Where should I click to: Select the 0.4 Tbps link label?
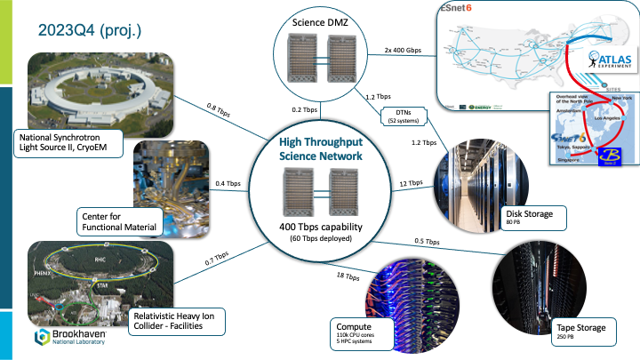(x=228, y=184)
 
